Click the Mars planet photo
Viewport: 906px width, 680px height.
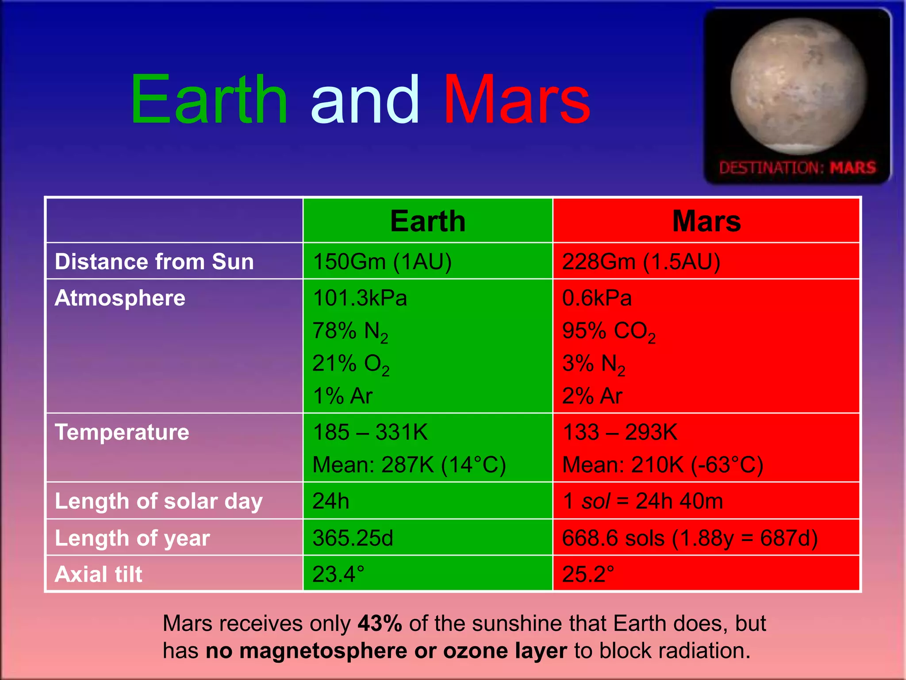pyautogui.click(x=799, y=86)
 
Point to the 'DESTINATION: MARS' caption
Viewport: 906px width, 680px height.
pyautogui.click(x=797, y=168)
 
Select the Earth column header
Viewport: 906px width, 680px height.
pyautogui.click(x=428, y=221)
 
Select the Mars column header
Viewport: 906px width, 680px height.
pyautogui.click(x=706, y=221)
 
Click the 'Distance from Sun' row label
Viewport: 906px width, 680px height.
pyautogui.click(x=154, y=261)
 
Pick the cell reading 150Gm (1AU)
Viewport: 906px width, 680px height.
pyautogui.click(x=382, y=261)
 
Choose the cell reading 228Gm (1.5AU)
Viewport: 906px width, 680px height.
pyautogui.click(x=641, y=261)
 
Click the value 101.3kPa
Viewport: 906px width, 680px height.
pyautogui.click(x=360, y=297)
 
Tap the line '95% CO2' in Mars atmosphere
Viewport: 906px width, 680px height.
pyautogui.click(x=609, y=331)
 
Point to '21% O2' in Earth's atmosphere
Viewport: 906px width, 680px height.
pyautogui.click(x=351, y=364)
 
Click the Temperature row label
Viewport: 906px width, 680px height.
pyautogui.click(x=122, y=432)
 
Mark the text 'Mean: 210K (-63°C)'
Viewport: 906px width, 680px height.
pyautogui.click(x=662, y=465)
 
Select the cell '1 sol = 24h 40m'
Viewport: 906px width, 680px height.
pyautogui.click(x=642, y=501)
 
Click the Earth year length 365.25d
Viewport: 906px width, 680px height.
pyautogui.click(x=353, y=538)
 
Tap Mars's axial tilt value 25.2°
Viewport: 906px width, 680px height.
pyautogui.click(x=588, y=574)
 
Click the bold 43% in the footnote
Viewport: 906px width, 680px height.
pyautogui.click(x=380, y=623)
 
